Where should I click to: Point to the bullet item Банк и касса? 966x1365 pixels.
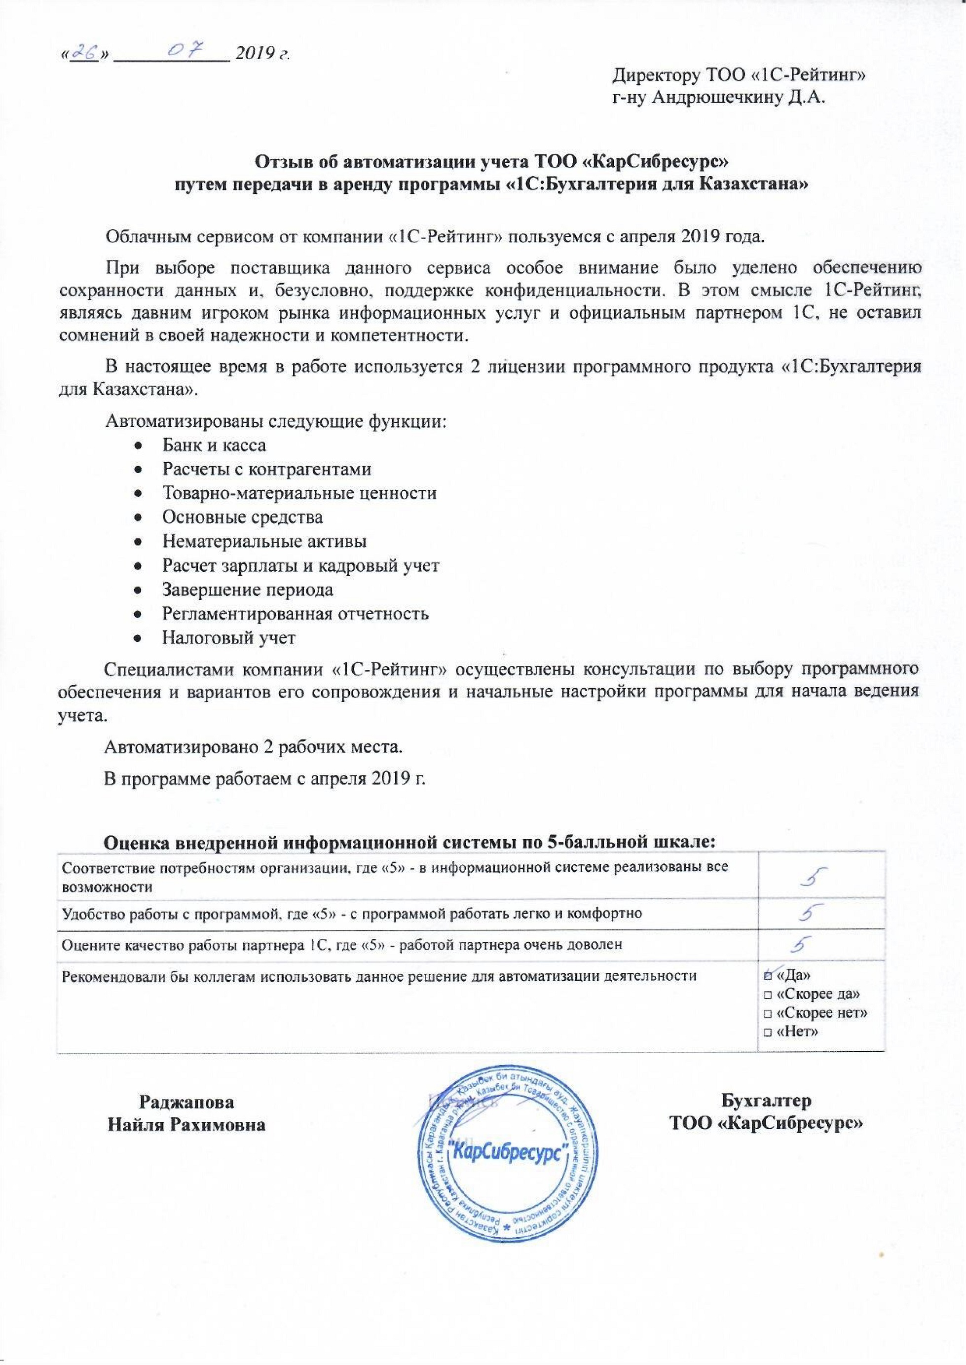pyautogui.click(x=214, y=445)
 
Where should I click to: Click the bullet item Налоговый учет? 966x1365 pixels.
pyautogui.click(x=228, y=637)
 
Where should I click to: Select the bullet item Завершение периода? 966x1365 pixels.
pyautogui.click(x=248, y=590)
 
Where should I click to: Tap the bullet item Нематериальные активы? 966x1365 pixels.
pyautogui.click(x=264, y=541)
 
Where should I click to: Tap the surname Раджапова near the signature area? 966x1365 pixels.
pyautogui.click(x=186, y=1102)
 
